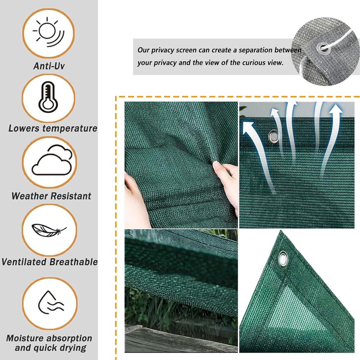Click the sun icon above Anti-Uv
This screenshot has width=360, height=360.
pyautogui.click(x=48, y=32)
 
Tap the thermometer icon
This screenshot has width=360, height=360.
pyautogui.click(x=48, y=97)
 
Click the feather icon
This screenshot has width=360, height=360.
pyautogui.click(x=49, y=230)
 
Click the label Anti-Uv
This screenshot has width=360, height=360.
pyautogui.click(x=49, y=66)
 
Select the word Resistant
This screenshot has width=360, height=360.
pyautogui.click(x=70, y=196)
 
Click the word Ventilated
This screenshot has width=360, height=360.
pyautogui.click(x=24, y=262)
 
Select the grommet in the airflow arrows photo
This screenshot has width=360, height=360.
pyautogui.click(x=274, y=136)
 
